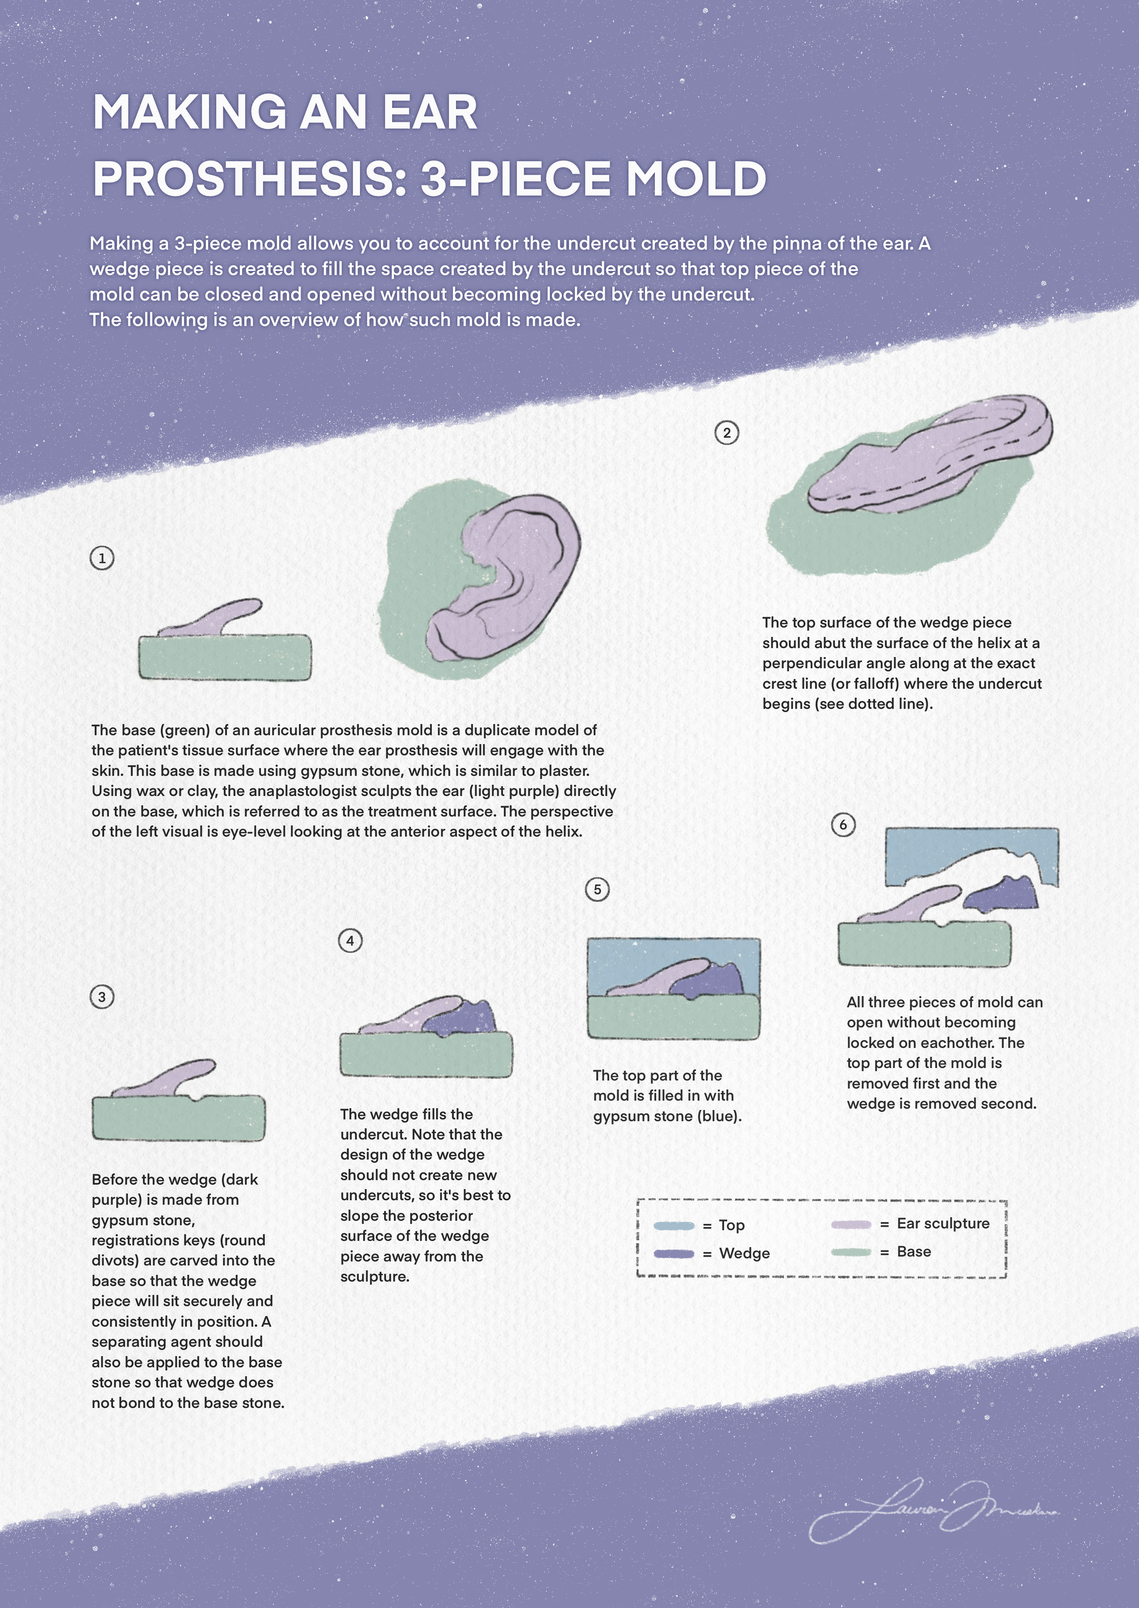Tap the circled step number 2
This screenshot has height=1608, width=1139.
click(727, 433)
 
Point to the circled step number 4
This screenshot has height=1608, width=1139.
click(350, 940)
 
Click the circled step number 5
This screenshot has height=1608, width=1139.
click(597, 889)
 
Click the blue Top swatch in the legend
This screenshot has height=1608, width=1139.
click(673, 1226)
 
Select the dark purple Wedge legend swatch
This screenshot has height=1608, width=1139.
click(673, 1254)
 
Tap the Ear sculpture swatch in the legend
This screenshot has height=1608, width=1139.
click(851, 1224)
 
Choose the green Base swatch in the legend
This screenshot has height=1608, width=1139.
click(851, 1253)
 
